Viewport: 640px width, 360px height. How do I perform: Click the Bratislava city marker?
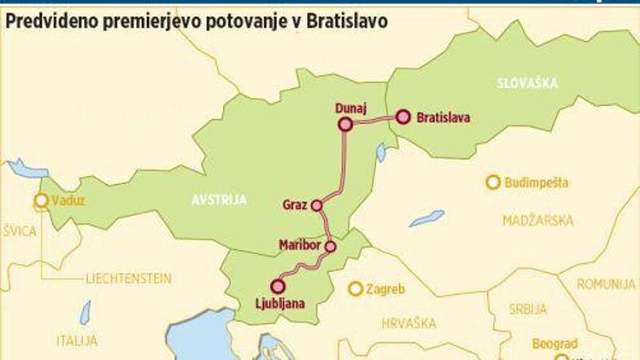tap(402, 116)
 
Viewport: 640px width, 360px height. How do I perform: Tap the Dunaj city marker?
tap(344, 124)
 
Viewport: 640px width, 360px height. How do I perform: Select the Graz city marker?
tap(317, 206)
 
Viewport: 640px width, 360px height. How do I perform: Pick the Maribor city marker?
tap(331, 246)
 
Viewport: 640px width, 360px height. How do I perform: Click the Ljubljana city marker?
tap(278, 286)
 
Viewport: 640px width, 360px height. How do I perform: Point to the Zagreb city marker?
tap(355, 288)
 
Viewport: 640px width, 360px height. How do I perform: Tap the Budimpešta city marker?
tap(492, 182)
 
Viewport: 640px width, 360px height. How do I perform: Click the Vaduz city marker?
tap(41, 200)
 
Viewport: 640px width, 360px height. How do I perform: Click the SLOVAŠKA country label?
tap(526, 83)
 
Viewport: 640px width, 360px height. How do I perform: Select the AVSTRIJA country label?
tap(219, 200)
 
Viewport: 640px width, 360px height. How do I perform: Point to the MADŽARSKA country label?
tap(538, 221)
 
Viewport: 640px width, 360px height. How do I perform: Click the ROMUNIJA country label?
tap(606, 283)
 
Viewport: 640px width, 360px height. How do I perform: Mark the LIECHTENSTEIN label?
tap(129, 279)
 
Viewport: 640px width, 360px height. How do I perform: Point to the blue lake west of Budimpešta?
tap(427, 218)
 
